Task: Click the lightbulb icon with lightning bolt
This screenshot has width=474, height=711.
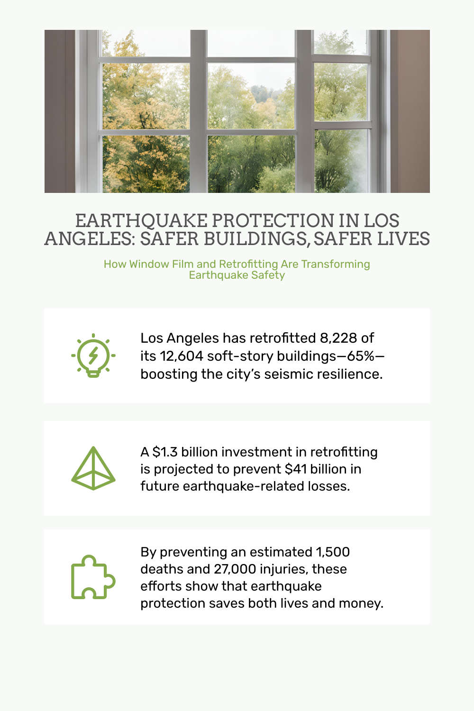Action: [93, 355]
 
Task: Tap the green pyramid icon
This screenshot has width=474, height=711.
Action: [93, 468]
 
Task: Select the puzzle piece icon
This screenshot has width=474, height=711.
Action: [93, 577]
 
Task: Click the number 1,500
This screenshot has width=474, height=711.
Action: [333, 552]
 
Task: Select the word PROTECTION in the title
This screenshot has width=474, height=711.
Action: [273, 221]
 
